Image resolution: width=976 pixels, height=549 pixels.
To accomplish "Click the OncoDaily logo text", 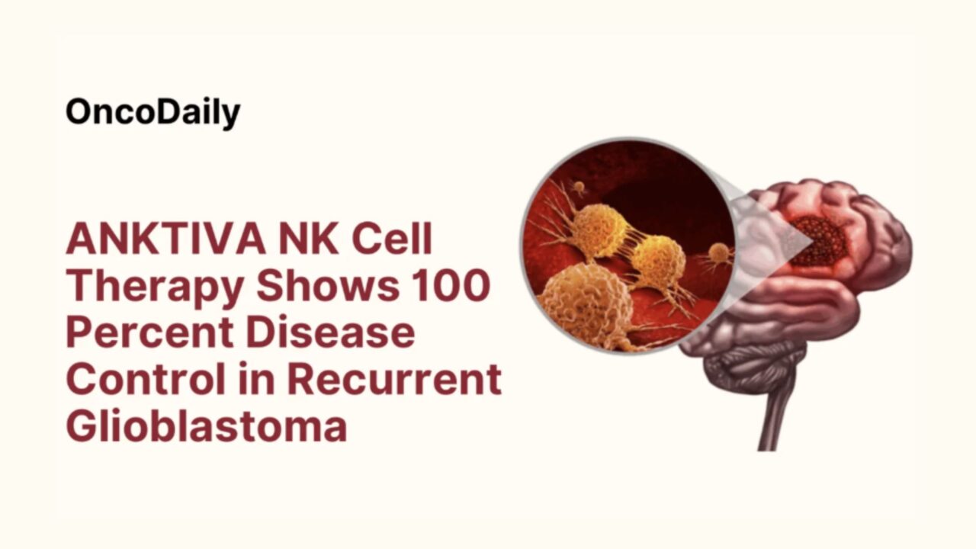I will click(x=152, y=112).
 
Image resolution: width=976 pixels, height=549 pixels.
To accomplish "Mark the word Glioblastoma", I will click(x=206, y=425).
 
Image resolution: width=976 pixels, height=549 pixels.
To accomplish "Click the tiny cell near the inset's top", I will click(x=578, y=186).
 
